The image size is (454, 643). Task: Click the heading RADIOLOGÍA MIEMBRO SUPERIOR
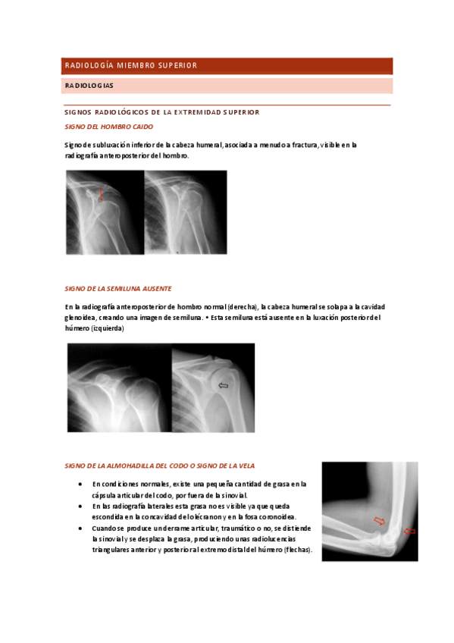pos(130,65)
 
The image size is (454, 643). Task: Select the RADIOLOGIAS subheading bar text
pos(89,86)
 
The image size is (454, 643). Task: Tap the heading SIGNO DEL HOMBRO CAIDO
pos(108,127)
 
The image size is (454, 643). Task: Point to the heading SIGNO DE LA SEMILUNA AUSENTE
pos(118,289)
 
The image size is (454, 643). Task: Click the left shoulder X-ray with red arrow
pos(105,212)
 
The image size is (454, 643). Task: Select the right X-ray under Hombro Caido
pos(186,212)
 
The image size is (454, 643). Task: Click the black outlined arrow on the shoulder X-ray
pos(223,386)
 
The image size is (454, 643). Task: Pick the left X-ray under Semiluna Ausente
pos(119,387)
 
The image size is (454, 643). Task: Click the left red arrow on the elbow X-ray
pos(380,521)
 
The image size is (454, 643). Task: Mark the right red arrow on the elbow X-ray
pos(410,532)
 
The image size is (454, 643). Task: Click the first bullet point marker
pos(81,484)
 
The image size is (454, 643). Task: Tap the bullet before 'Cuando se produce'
pos(81,528)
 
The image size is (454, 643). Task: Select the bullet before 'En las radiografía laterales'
pos(81,506)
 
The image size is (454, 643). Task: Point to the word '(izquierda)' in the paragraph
pos(107,329)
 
